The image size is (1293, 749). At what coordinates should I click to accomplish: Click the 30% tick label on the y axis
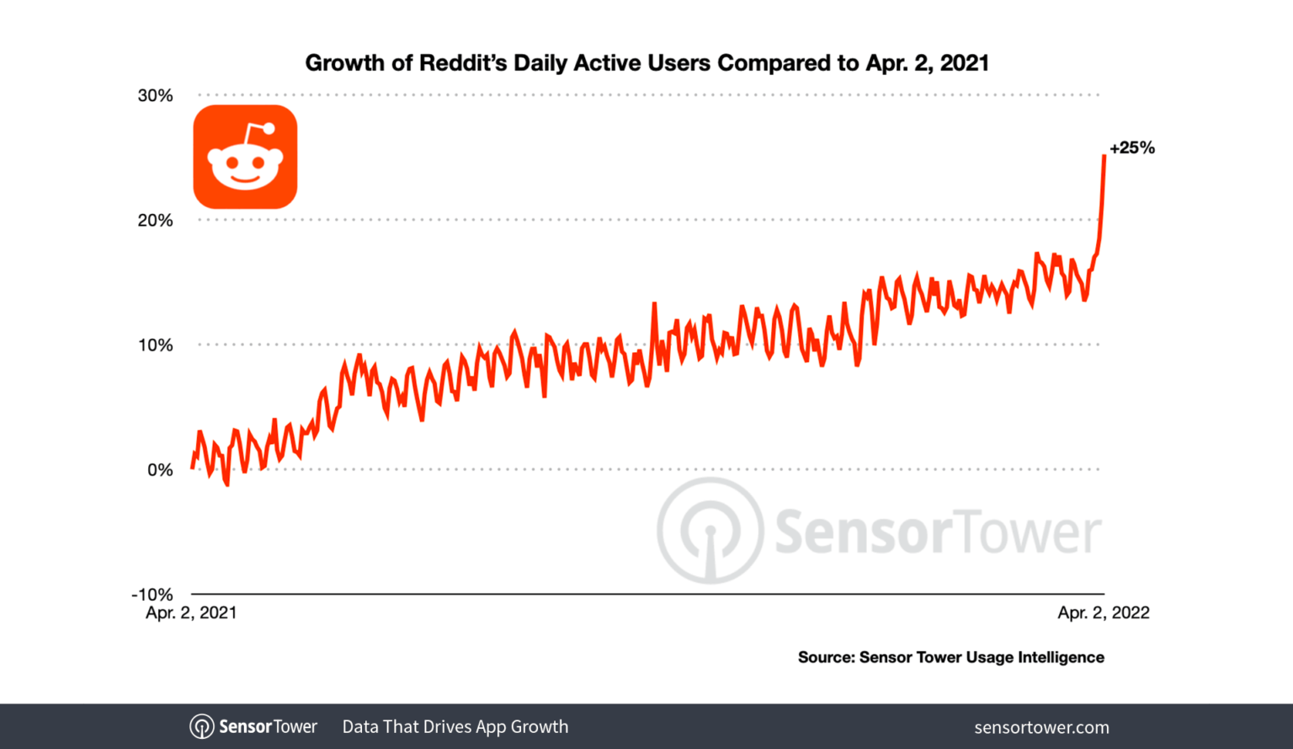[156, 95]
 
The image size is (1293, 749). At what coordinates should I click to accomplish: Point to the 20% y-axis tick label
[156, 220]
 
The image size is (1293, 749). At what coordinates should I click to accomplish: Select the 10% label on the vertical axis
[156, 345]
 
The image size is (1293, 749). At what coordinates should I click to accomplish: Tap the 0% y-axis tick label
[160, 469]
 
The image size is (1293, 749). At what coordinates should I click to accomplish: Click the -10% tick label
[152, 594]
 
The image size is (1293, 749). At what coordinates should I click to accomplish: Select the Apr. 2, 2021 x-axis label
[191, 613]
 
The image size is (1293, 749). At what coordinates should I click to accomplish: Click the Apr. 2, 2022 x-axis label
[1103, 613]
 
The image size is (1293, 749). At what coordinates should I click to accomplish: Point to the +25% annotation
[1132, 148]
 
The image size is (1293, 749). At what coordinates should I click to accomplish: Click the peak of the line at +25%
[1104, 156]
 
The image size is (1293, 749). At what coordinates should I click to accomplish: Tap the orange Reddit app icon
[245, 157]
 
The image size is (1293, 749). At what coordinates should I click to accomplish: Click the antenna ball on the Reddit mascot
[269, 129]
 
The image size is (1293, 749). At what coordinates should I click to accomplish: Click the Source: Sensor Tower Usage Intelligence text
[950, 657]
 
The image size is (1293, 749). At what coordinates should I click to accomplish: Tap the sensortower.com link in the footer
[1041, 727]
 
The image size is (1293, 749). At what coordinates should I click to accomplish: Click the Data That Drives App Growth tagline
[455, 727]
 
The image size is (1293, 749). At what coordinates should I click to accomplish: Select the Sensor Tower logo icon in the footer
[202, 726]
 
